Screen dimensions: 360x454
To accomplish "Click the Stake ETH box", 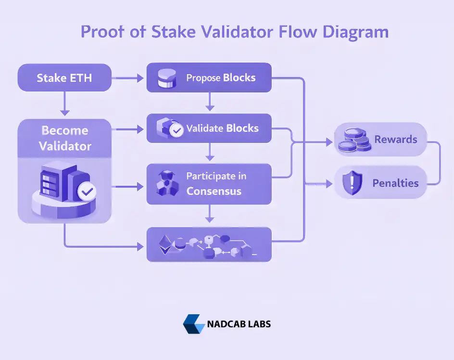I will click(x=64, y=78).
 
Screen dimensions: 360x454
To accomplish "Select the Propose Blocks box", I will click(x=209, y=78).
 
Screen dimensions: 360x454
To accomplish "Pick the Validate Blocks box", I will click(x=209, y=129).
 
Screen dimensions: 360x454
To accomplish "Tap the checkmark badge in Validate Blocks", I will click(x=177, y=131).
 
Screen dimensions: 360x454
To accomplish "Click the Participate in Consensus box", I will click(x=209, y=184).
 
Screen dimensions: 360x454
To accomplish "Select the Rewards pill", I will click(x=380, y=140).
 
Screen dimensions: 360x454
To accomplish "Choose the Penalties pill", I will click(x=380, y=183).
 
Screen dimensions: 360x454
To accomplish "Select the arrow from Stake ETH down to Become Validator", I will click(x=64, y=103).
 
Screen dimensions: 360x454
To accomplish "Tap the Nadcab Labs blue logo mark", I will click(x=193, y=324).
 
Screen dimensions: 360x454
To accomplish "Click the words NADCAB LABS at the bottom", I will click(x=239, y=324).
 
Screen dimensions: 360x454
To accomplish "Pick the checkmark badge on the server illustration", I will click(x=87, y=192).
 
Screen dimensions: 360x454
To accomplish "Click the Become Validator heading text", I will click(x=64, y=138).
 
